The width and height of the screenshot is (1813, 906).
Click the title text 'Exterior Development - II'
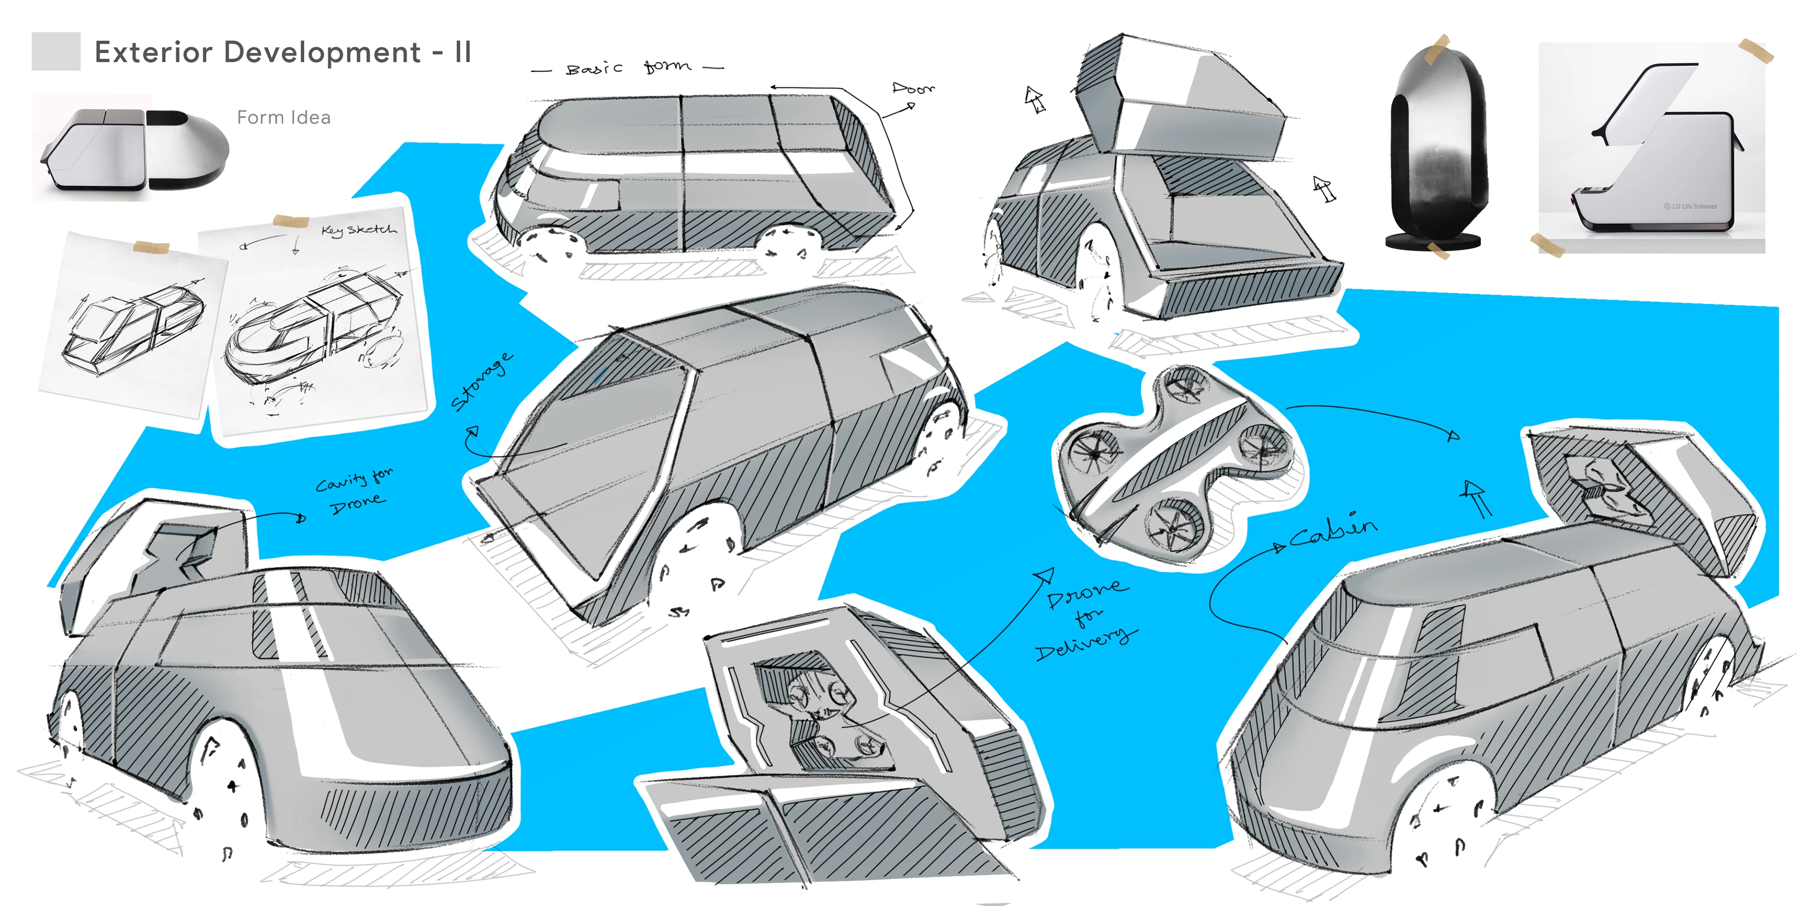[x=282, y=52]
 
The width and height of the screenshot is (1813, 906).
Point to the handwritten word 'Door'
[x=913, y=88]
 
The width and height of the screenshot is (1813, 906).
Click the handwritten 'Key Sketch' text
[x=358, y=229]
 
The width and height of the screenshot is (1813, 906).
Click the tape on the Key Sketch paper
[x=291, y=222]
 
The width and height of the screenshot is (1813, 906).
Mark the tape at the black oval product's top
[x=1436, y=49]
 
